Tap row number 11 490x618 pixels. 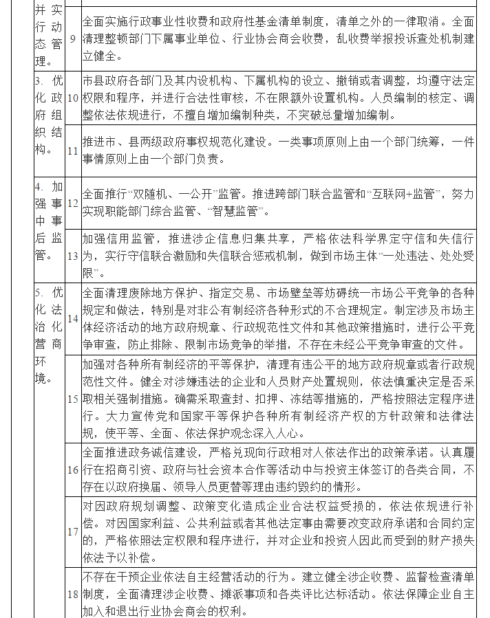(x=73, y=151)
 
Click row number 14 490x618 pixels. (x=73, y=318)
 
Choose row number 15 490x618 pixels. (x=73, y=399)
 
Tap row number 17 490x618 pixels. (x=73, y=531)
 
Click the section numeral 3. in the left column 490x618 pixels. (x=39, y=81)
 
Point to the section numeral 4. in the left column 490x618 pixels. (x=39, y=186)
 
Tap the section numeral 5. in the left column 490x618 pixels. (x=39, y=291)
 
